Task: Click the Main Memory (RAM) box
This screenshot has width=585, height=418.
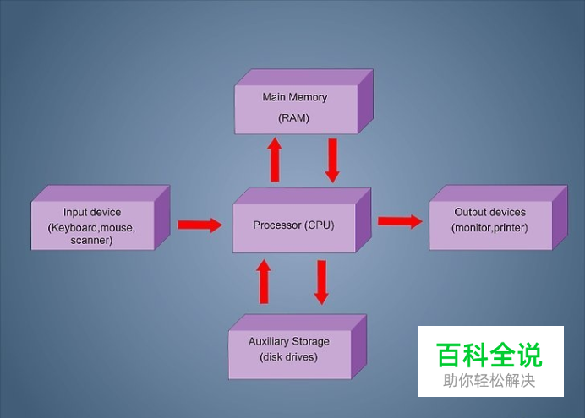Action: click(x=303, y=101)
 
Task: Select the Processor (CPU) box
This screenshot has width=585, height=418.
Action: click(x=302, y=220)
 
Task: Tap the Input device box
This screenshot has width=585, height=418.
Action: click(x=101, y=218)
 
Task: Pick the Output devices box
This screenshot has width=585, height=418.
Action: click(x=498, y=218)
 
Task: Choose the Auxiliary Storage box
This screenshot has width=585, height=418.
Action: click(x=298, y=347)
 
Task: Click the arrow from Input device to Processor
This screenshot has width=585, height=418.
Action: click(x=200, y=225)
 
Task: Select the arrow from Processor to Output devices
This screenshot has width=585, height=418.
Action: click(x=400, y=221)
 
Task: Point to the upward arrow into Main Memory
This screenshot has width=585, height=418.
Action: click(x=275, y=160)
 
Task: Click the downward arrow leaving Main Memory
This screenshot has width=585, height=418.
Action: click(x=332, y=160)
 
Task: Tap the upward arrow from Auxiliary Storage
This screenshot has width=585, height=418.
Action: click(x=264, y=282)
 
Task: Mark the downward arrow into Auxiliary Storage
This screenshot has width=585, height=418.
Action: click(x=321, y=283)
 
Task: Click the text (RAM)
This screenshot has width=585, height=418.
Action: click(x=293, y=118)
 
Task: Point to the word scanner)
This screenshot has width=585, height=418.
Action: click(x=91, y=241)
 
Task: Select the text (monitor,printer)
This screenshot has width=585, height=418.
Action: click(x=489, y=228)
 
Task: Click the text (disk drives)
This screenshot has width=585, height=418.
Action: click(x=289, y=357)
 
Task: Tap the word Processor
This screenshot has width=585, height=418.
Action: click(x=277, y=225)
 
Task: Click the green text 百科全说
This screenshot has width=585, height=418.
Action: click(x=489, y=355)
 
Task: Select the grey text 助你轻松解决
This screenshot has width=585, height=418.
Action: click(x=489, y=381)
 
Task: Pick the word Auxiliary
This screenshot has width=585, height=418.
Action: click(x=268, y=342)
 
